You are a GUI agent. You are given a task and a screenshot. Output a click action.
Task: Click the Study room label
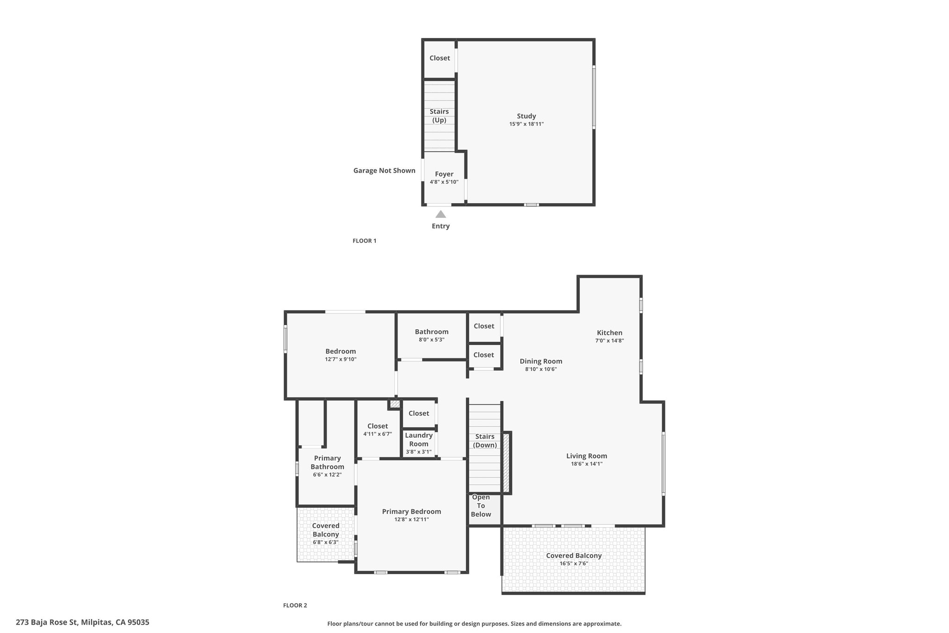[526, 116]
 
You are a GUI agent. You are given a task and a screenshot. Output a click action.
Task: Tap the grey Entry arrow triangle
[441, 214]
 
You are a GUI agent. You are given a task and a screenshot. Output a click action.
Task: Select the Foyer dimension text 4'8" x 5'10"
[444, 182]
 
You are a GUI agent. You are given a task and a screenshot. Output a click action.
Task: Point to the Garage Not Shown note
[384, 171]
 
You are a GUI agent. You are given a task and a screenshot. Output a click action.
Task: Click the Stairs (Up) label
[439, 116]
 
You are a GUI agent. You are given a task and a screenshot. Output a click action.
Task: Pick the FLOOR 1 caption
[365, 241]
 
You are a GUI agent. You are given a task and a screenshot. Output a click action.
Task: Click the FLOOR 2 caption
[295, 605]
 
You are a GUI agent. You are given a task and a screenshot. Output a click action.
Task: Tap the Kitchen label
[609, 332]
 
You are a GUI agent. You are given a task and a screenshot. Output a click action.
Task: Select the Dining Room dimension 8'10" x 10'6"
[541, 370]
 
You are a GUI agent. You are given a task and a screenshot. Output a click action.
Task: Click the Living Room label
[587, 456]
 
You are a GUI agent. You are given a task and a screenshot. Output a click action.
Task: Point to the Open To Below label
[481, 505]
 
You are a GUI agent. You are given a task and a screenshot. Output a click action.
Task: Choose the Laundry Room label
[419, 440]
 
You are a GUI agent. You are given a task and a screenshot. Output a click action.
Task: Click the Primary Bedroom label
[411, 512]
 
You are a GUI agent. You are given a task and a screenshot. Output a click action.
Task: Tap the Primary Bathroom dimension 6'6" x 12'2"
[327, 475]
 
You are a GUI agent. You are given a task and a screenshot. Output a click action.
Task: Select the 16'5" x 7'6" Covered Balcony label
[574, 563]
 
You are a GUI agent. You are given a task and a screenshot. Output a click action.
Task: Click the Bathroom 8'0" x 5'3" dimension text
[431, 340]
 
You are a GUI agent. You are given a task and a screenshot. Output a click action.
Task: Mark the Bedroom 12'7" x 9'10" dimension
[341, 359]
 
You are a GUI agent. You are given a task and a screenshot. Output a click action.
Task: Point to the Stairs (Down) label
[485, 441]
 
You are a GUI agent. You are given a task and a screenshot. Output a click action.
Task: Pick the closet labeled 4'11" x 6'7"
[378, 426]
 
